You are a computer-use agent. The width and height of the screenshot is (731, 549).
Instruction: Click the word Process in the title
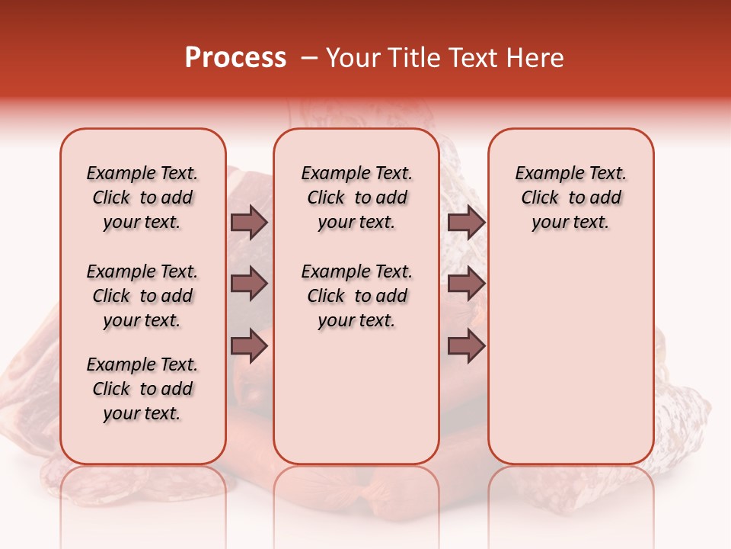pos(235,58)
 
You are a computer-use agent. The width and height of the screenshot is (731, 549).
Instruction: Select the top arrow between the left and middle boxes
pos(249,222)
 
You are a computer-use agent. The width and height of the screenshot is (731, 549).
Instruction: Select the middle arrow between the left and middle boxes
pos(249,284)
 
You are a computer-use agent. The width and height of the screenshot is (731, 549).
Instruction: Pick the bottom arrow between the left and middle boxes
pos(249,345)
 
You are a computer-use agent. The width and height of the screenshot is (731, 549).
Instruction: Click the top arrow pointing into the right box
pos(466,222)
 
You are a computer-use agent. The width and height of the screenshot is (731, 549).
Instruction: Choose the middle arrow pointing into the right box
pos(466,284)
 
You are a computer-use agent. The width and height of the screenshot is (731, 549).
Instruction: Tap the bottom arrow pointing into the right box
pos(466,345)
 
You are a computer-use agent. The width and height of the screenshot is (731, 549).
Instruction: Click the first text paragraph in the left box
pos(142,197)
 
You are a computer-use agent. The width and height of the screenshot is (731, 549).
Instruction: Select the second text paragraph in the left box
pos(142,296)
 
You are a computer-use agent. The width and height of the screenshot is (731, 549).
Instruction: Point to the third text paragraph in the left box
pos(142,389)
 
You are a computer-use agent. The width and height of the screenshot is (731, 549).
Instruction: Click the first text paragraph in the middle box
pos(357,197)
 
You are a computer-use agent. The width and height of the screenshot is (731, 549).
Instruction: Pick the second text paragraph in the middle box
pos(357,296)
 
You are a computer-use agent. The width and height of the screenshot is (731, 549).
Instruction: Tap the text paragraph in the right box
pos(571,197)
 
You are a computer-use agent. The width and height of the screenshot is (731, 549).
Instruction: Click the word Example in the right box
pos(543,173)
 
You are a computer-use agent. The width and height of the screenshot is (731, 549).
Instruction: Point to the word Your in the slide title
pos(349,58)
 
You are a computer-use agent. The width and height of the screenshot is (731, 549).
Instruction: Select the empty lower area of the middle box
pos(356,396)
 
